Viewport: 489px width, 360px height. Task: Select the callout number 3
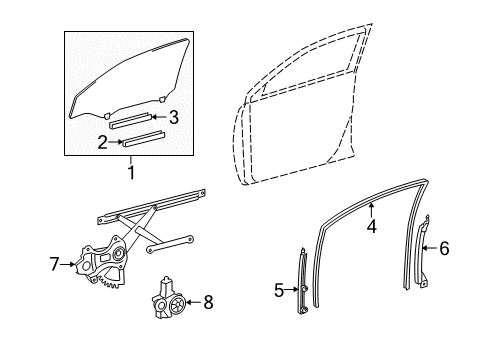(173, 117)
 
